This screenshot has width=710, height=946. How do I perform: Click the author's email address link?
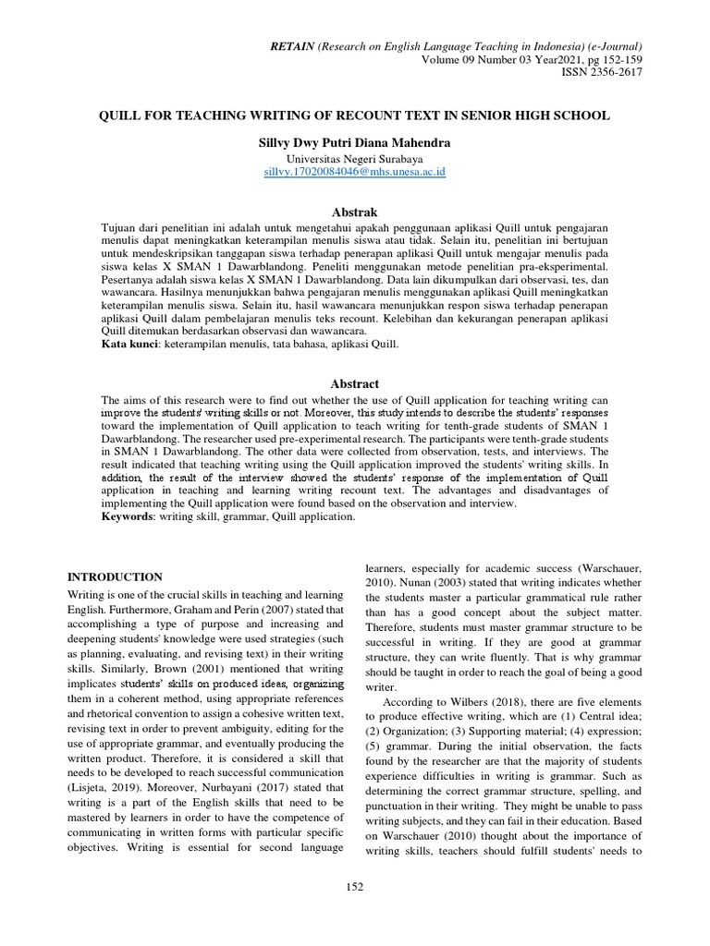pyautogui.click(x=355, y=172)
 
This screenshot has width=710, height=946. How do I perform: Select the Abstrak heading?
pyautogui.click(x=355, y=212)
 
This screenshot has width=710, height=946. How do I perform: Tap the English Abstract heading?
pyautogui.click(x=355, y=383)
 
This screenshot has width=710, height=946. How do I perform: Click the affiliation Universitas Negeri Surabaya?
pyautogui.click(x=355, y=158)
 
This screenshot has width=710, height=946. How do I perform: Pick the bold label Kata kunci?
pyautogui.click(x=129, y=344)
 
